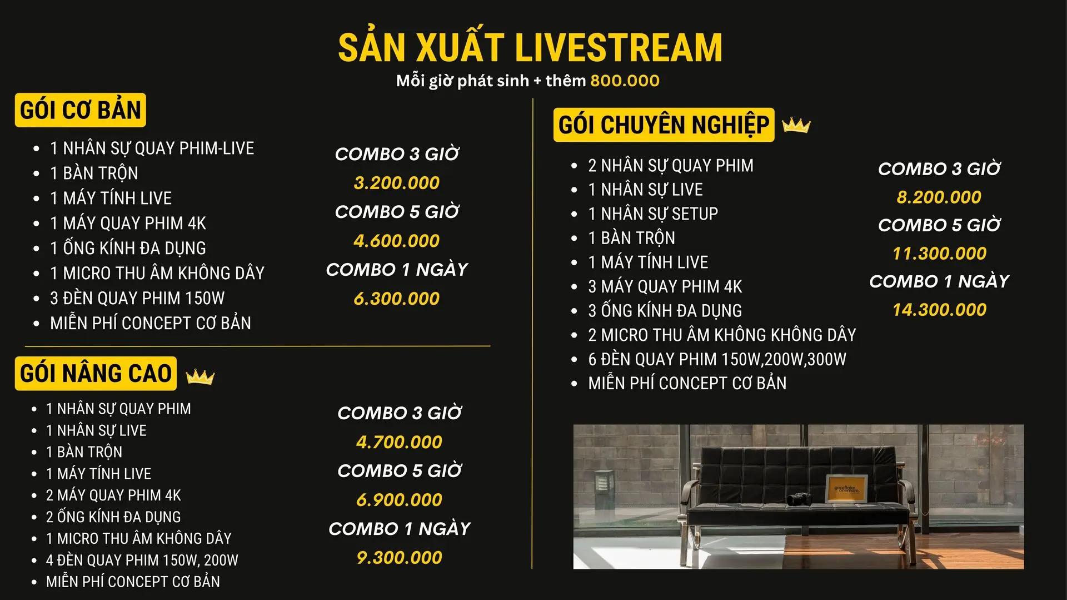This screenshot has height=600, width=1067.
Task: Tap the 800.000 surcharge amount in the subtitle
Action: coord(625,81)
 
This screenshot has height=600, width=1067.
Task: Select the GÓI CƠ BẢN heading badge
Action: coord(81,110)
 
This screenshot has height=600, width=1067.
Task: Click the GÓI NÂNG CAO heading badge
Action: coord(96,373)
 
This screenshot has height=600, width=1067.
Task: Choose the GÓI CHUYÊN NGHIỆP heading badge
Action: coord(664,125)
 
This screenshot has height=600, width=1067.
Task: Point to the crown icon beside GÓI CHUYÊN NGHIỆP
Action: coord(796,125)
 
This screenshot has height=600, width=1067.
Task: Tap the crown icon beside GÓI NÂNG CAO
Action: coord(200,376)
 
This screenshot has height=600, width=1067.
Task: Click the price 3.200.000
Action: coord(397,183)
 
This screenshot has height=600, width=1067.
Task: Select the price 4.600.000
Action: coord(397,241)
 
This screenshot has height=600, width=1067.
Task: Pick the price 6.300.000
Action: coord(397,299)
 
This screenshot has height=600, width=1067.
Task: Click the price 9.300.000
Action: coord(400,558)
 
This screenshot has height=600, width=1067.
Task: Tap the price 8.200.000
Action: coord(939,197)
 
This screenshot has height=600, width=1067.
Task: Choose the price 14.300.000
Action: coord(940,310)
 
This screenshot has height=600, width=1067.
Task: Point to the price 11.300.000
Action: coord(940,254)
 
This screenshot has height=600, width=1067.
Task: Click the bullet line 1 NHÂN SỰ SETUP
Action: coord(653,214)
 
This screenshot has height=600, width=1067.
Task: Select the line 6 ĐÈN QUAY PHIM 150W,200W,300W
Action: coord(717,359)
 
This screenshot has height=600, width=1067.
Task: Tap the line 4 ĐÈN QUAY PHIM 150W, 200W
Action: coord(142,560)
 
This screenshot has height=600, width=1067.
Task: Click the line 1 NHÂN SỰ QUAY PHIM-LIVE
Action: coord(152,148)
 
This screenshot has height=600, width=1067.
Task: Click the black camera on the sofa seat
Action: coord(799,498)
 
